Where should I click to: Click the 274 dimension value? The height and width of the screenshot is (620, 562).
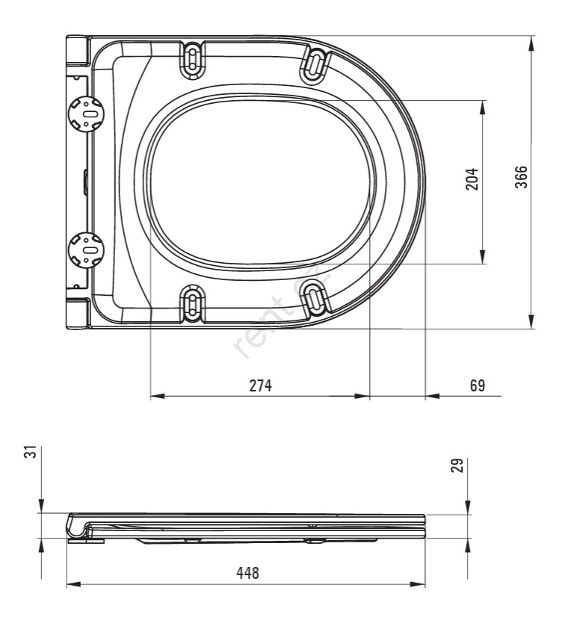(259, 385)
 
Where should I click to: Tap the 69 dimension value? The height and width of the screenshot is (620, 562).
(478, 385)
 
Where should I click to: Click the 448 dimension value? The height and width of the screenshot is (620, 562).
(247, 573)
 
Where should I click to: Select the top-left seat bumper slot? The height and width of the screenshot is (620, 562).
(192, 57)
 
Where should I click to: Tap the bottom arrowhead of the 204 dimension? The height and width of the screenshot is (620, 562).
(484, 257)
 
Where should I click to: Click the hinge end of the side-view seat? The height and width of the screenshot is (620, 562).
(78, 526)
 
